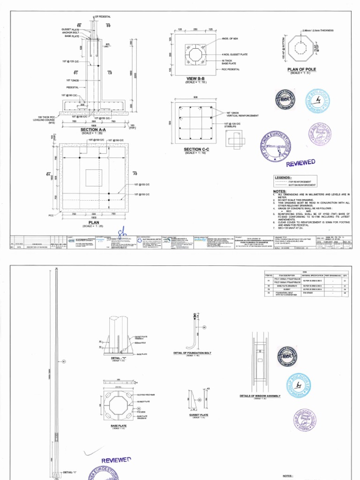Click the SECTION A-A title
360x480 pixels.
tap(93, 129)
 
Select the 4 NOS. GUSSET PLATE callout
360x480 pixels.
tap(234, 55)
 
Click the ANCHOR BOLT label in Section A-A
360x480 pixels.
tap(70, 32)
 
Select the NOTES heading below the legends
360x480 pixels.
tap(279, 192)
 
